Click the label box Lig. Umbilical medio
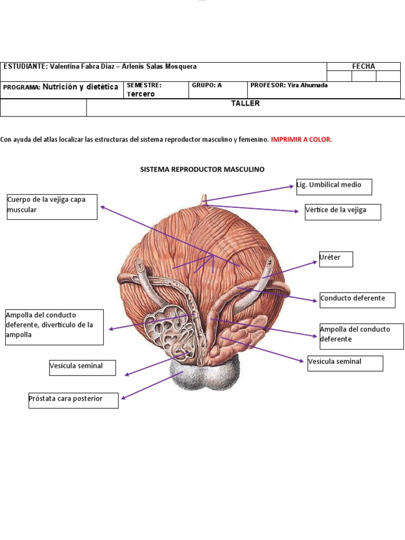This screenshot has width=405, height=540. [x=334, y=187]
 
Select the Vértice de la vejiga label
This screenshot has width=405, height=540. [x=343, y=211]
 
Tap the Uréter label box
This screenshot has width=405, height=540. [x=336, y=259]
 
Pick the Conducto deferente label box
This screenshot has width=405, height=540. [x=356, y=299]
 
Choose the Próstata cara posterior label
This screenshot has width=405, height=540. [x=73, y=400]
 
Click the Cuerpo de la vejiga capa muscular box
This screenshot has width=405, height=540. [x=52, y=206]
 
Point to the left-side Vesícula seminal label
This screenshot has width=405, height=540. [x=82, y=367]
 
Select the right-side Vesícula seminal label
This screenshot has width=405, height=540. [x=345, y=363]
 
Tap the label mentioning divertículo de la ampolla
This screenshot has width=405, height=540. [x=54, y=327]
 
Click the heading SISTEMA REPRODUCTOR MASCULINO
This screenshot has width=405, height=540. [x=202, y=170]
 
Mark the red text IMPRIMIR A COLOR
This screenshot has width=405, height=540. [x=301, y=140]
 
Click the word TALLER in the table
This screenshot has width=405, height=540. [x=245, y=104]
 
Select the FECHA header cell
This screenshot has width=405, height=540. [x=363, y=66]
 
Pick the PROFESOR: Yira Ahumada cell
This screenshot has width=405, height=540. [x=288, y=85]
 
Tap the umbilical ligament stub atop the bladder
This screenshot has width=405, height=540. [x=204, y=200]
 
